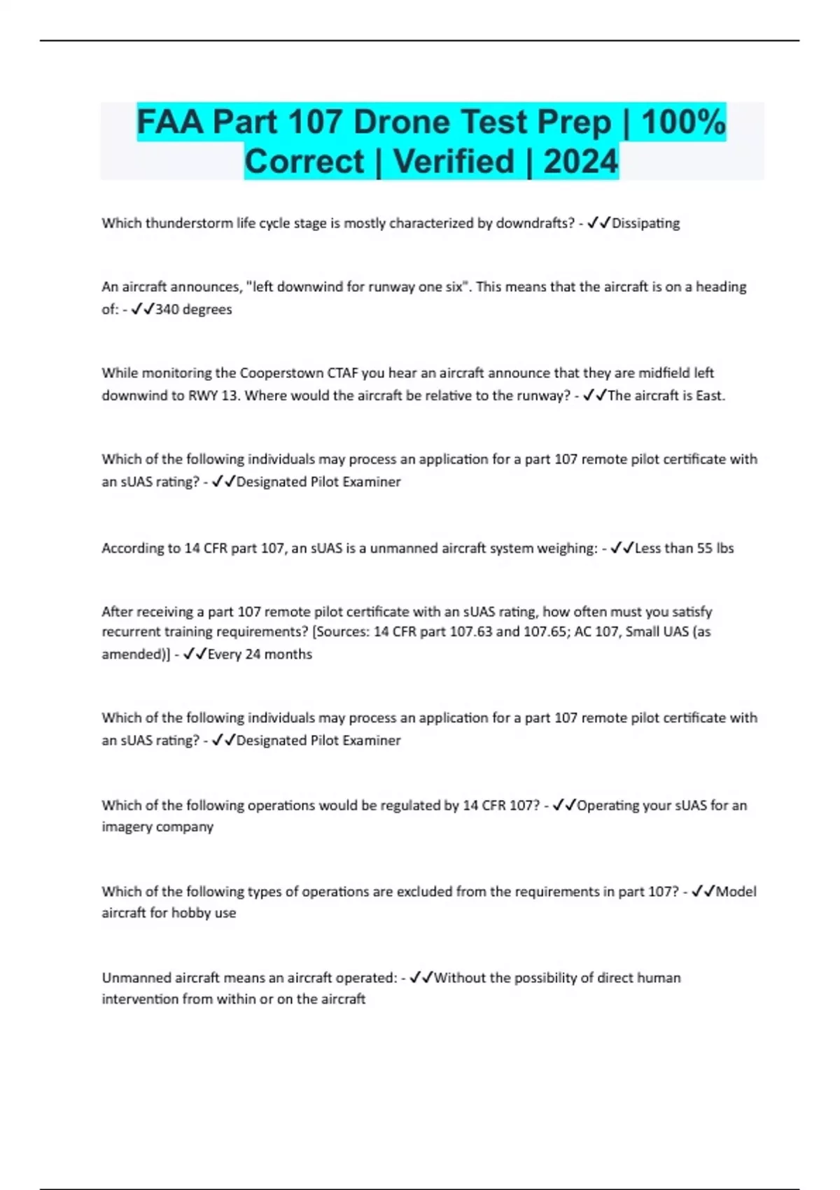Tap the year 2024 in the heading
pyautogui.click(x=580, y=162)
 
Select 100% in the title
pyautogui.click(x=682, y=122)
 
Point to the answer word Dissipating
pyautogui.click(x=645, y=223)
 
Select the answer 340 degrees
pyautogui.click(x=193, y=309)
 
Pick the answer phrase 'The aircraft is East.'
pyautogui.click(x=666, y=395)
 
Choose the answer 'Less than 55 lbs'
pyautogui.click(x=684, y=548)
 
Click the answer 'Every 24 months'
pyautogui.click(x=260, y=654)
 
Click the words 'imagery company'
pyautogui.click(x=157, y=827)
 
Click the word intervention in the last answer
pyautogui.click(x=140, y=999)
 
